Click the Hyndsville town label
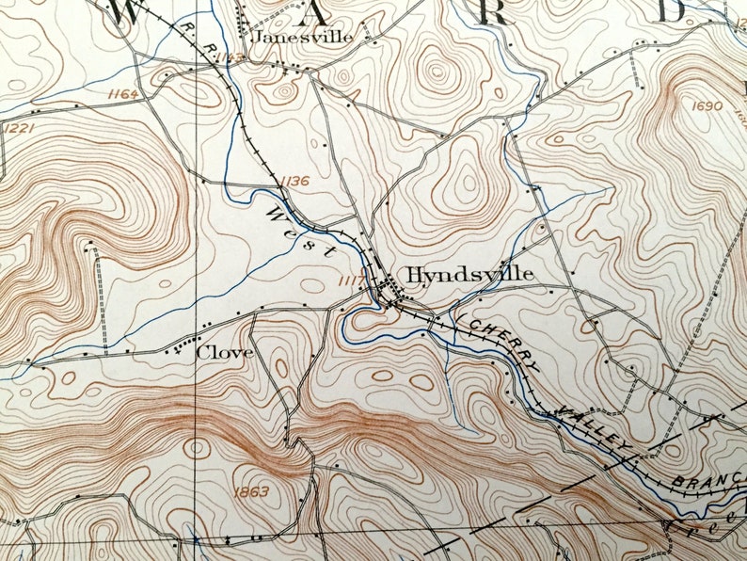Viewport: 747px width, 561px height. click(x=470, y=274)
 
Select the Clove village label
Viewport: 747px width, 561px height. click(x=225, y=353)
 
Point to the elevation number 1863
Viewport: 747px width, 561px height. click(x=247, y=491)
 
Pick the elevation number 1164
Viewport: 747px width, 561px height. click(x=122, y=94)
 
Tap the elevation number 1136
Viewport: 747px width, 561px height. click(x=293, y=181)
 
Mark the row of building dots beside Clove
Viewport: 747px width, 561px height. click(x=187, y=345)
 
